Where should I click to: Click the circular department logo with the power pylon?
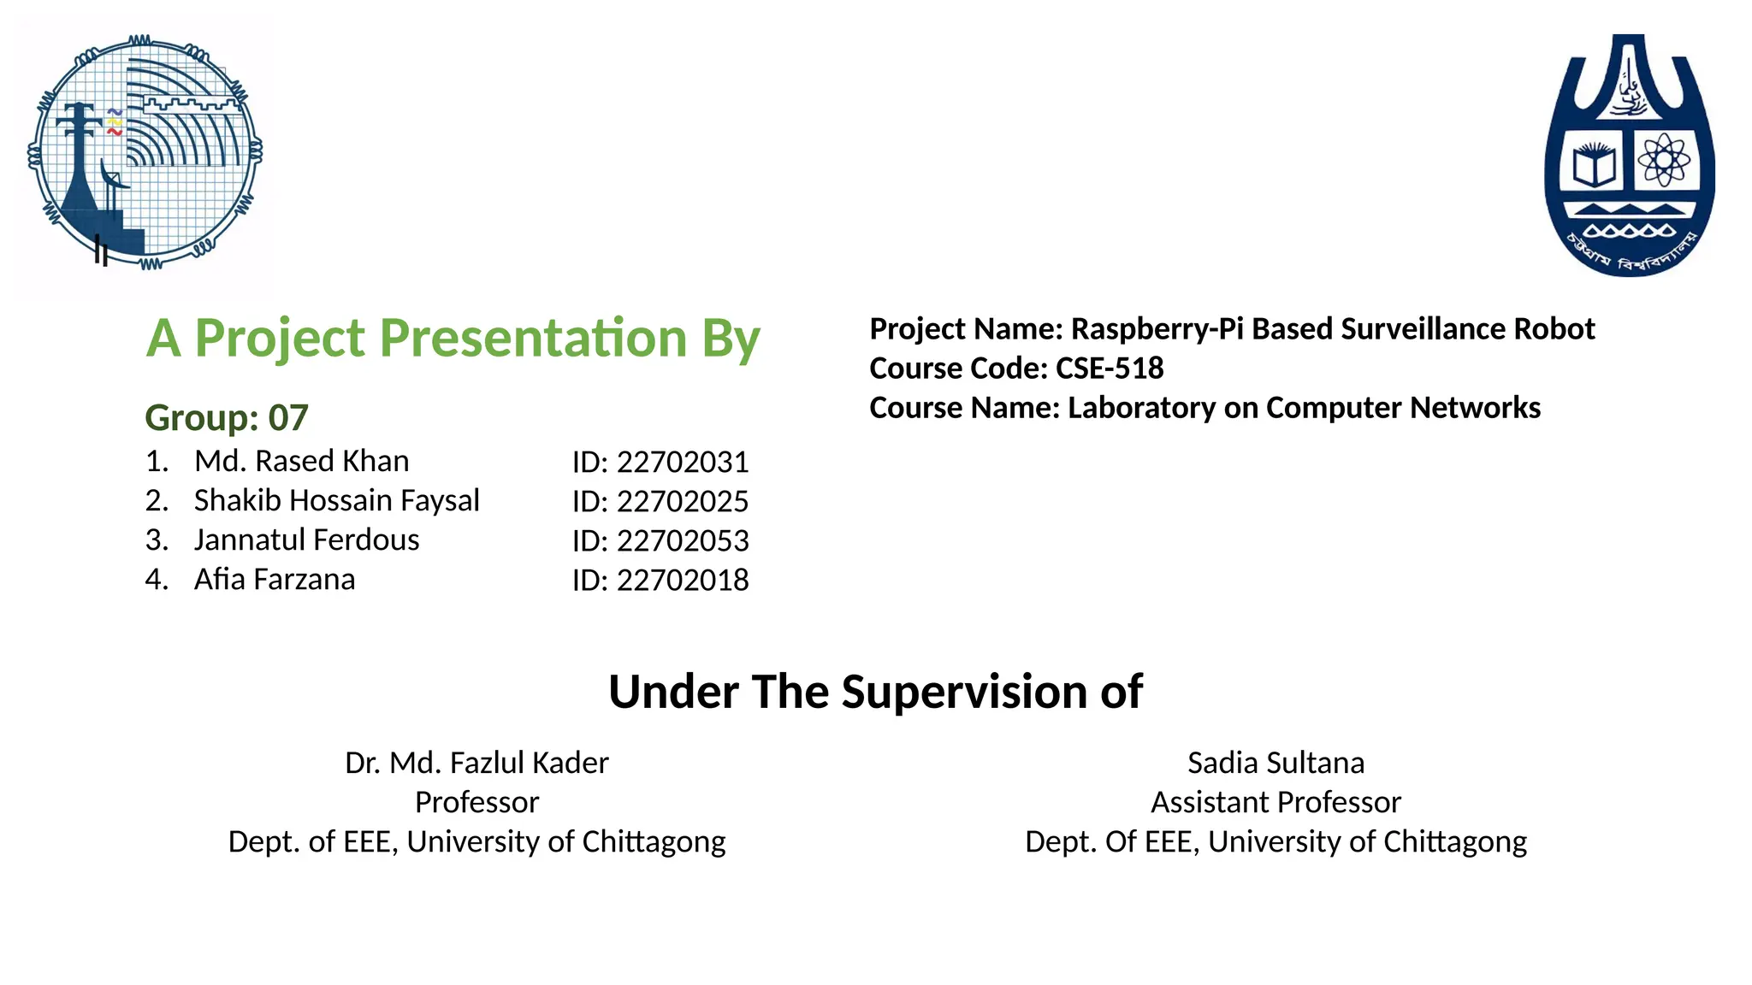(x=145, y=152)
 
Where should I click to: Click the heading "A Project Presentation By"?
(x=453, y=338)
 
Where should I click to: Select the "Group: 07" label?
(x=227, y=417)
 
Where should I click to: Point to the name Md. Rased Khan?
(x=301, y=461)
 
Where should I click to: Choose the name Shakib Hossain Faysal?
(x=336, y=500)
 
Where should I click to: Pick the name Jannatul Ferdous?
(x=306, y=540)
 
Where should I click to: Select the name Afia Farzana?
(x=274, y=579)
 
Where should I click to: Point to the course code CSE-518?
(x=1110, y=368)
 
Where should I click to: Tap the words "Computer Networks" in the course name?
(x=1403, y=408)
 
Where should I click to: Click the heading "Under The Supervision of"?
(x=875, y=691)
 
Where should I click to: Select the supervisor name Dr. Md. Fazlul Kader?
(x=476, y=763)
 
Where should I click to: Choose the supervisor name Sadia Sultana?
(x=1276, y=763)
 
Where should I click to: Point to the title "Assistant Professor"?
(x=1276, y=802)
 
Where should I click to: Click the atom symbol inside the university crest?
(x=1662, y=159)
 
